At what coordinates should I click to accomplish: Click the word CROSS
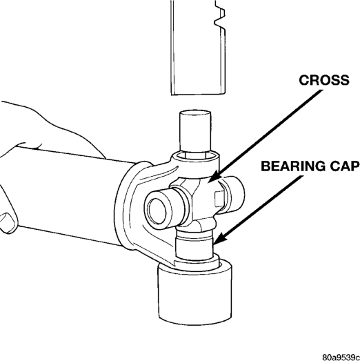click(324, 80)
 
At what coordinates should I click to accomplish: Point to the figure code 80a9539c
click(341, 357)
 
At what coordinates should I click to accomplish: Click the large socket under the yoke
click(195, 293)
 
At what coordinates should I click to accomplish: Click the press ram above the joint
click(198, 47)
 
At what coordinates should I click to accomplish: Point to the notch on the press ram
click(220, 17)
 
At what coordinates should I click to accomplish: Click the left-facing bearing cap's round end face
click(157, 211)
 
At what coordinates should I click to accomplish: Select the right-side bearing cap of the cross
click(233, 193)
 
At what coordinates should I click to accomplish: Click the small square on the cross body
click(219, 199)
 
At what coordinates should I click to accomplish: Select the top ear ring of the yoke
click(196, 159)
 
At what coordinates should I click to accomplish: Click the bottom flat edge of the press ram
click(198, 94)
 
